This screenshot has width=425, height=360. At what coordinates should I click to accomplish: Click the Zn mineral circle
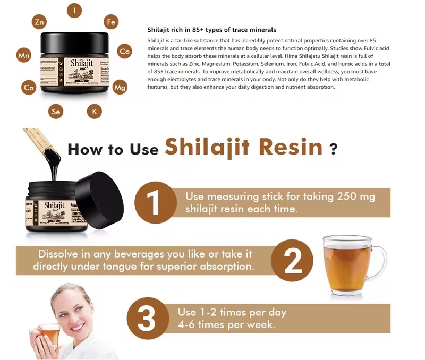(x=39, y=22)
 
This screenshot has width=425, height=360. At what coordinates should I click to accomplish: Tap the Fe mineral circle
(x=111, y=22)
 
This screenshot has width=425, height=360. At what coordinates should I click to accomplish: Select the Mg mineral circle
(x=120, y=87)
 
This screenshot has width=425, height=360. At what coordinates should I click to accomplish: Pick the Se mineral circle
(x=56, y=111)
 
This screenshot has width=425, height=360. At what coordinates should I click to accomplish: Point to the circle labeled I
(x=74, y=10)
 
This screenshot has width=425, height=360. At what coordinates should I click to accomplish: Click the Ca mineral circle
(x=29, y=87)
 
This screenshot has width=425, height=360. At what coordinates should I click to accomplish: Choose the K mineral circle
(x=95, y=111)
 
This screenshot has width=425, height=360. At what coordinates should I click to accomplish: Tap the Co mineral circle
(x=124, y=51)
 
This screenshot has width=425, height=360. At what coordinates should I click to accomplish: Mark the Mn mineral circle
(x=24, y=55)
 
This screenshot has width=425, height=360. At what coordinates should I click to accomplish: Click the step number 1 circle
(x=155, y=202)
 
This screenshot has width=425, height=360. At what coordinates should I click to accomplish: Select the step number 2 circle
(x=292, y=260)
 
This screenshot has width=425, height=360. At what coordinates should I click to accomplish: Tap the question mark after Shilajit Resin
(x=333, y=149)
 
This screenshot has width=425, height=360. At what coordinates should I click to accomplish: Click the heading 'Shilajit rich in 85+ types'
(x=211, y=30)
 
